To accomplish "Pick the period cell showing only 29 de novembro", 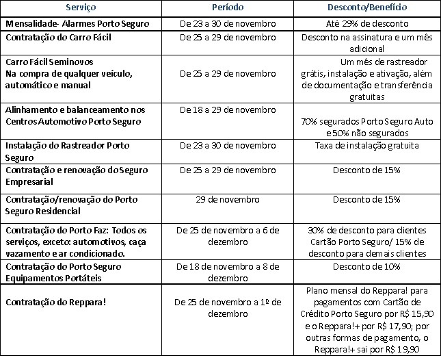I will [x=226, y=199].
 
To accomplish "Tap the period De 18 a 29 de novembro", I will [x=226, y=110].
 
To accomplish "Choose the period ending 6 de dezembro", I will [x=226, y=236].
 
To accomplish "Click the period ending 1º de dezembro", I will [x=226, y=307].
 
